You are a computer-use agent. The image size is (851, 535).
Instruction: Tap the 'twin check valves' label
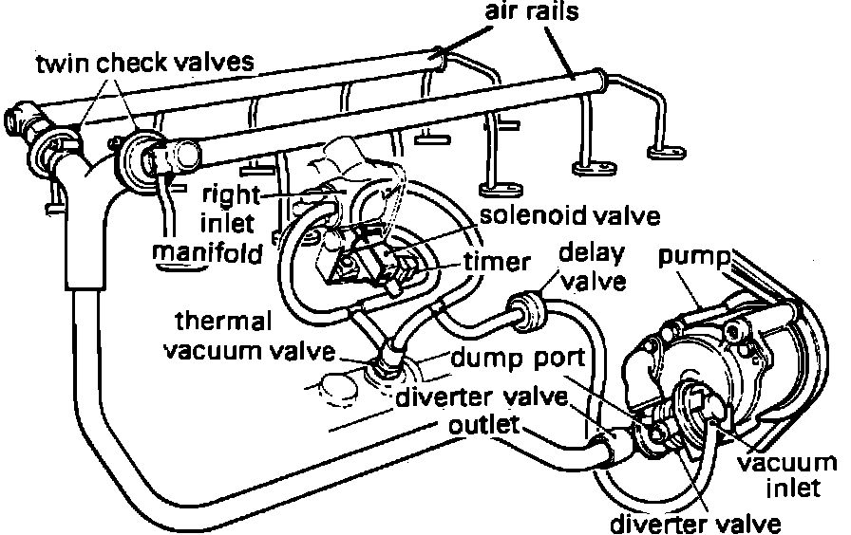[146, 64]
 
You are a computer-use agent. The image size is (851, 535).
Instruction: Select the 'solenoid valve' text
[569, 215]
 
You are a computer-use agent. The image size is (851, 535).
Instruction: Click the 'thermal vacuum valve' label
[250, 336]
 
